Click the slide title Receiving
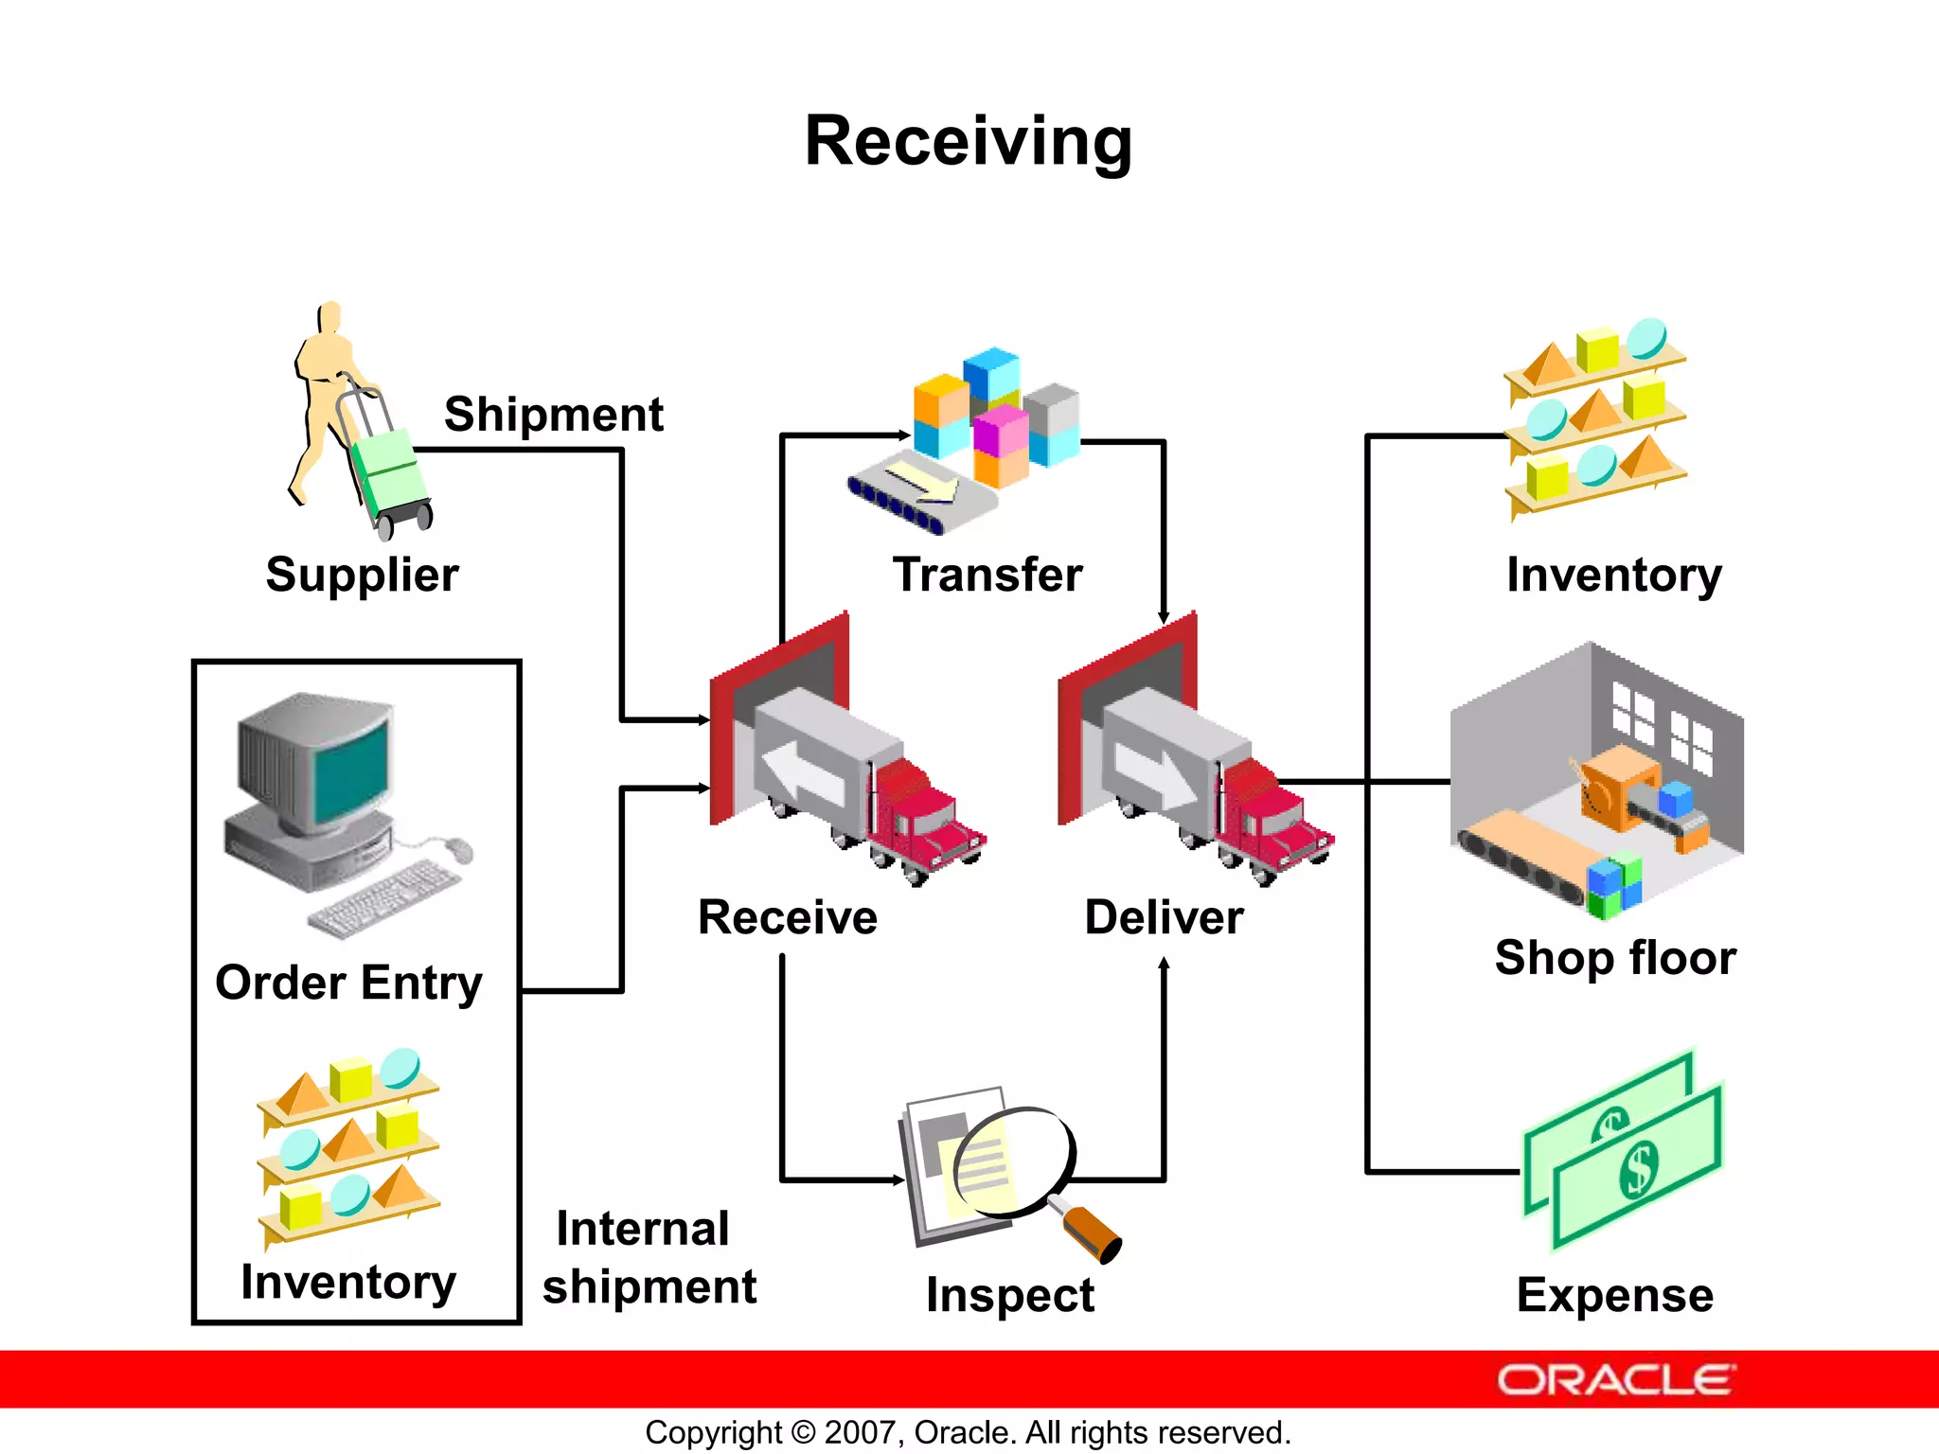point(968,142)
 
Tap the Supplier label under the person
point(362,575)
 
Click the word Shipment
point(554,415)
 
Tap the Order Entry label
point(348,983)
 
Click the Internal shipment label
point(649,1257)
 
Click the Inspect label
point(1009,1294)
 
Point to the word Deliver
point(1164,917)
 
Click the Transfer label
point(987,575)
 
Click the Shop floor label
point(1615,957)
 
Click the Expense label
point(1614,1294)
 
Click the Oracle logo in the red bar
point(1615,1380)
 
